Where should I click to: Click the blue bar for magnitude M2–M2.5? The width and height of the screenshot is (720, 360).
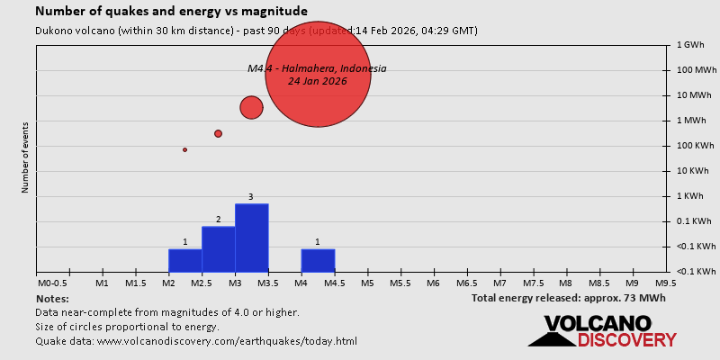point(184,260)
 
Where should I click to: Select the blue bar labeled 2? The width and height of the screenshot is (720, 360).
point(218,248)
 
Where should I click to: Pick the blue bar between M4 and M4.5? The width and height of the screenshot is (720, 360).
point(318,260)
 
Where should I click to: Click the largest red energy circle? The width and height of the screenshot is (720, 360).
point(318,74)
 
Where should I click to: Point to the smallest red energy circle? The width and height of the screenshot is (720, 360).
point(184,149)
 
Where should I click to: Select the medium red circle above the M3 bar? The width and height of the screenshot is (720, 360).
point(251,108)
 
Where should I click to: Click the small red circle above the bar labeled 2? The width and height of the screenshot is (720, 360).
point(218,133)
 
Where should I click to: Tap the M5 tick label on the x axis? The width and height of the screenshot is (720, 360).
point(367,283)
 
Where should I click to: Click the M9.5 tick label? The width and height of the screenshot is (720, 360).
point(666,283)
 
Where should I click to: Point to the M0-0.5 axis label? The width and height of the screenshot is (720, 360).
point(51,283)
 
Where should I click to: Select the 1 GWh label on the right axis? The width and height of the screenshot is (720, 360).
point(690,45)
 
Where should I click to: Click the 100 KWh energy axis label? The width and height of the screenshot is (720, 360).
point(693,146)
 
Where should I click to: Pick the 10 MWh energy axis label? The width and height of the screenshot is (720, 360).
point(692,95)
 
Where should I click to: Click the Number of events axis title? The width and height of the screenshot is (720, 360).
point(25,158)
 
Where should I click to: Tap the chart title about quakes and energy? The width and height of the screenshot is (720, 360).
point(171,12)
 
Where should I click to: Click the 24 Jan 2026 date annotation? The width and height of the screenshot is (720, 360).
point(317,81)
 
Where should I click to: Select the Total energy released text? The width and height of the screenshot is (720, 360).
point(568,298)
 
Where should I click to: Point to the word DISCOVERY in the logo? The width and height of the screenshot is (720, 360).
point(626,340)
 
